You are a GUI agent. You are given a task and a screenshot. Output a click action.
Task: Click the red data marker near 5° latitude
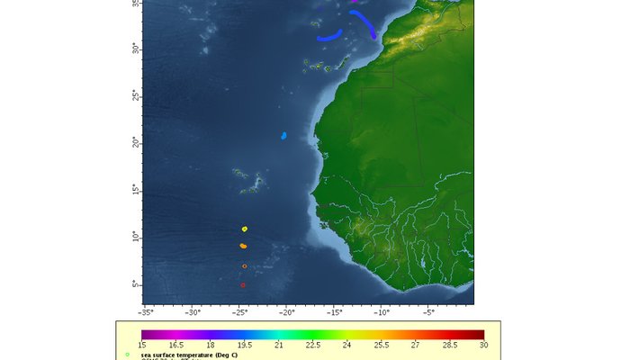click(x=243, y=285)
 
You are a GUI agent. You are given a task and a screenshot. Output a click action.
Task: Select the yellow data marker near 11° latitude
click(x=244, y=229)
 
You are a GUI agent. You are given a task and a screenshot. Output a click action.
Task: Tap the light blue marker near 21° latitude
click(x=283, y=136)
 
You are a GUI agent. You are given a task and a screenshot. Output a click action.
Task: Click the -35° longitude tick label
click(x=145, y=313)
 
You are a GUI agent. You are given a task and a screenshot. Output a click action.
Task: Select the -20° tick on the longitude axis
click(x=286, y=313)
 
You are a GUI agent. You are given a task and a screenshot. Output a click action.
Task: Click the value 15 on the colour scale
click(x=141, y=345)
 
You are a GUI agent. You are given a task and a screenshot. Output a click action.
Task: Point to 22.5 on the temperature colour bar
click(x=312, y=345)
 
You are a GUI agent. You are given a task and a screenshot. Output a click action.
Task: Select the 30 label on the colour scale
click(x=484, y=345)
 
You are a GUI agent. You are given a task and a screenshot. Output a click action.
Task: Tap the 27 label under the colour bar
click(x=416, y=345)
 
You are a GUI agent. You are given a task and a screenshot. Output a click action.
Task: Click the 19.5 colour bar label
click(x=244, y=345)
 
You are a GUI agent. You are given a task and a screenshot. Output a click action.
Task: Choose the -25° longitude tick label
click(x=239, y=313)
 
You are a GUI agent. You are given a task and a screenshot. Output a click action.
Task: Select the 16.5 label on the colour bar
click(x=175, y=345)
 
